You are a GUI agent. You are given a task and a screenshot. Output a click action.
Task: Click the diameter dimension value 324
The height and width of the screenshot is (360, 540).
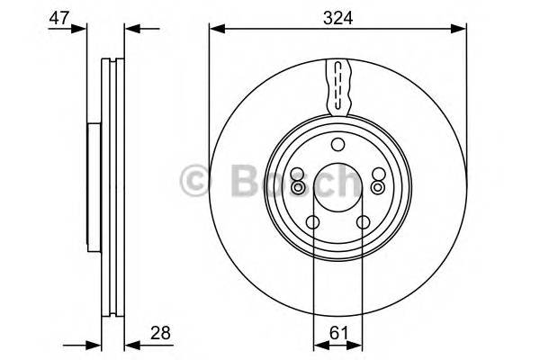[x=338, y=15]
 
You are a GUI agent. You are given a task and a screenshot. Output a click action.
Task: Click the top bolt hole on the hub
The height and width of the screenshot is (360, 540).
[x=337, y=146]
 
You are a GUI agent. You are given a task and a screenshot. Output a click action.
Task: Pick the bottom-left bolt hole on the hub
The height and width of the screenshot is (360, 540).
[x=312, y=223]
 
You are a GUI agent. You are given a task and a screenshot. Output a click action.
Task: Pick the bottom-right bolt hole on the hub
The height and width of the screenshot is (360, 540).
[x=364, y=223]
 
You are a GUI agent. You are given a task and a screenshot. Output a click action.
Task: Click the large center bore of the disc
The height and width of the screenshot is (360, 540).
[x=337, y=192]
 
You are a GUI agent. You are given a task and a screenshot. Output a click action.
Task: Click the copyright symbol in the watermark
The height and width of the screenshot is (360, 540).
[x=196, y=180]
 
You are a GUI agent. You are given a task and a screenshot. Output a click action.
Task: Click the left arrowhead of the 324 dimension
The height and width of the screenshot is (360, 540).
[x=215, y=30]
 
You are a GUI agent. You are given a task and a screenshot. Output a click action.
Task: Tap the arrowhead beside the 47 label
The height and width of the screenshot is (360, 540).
[x=83, y=30]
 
